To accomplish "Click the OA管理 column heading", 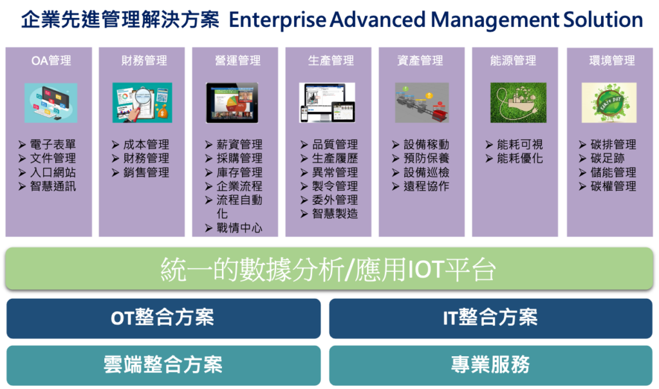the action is click(51, 61).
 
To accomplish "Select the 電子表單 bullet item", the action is click(53, 145).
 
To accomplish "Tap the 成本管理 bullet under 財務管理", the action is click(146, 145).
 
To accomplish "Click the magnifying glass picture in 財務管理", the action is click(142, 102).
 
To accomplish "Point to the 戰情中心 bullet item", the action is click(239, 228).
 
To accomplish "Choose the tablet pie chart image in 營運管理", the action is click(232, 102).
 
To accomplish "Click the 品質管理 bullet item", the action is click(335, 145).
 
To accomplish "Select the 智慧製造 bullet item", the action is click(335, 214).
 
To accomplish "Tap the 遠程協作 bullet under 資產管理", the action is click(427, 186).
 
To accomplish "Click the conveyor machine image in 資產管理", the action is click(422, 102).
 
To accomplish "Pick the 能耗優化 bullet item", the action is click(520, 158).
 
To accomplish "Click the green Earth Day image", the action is click(609, 102).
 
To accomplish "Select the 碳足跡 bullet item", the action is click(608, 158).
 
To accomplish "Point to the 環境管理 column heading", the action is click(612, 61).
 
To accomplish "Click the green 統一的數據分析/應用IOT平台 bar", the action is click(329, 269).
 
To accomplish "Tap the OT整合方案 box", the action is click(163, 318).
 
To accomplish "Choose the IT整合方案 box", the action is click(491, 318).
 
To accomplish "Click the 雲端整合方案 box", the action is click(163, 365).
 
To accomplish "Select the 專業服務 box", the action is click(491, 365).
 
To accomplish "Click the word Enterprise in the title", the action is click(277, 20).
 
